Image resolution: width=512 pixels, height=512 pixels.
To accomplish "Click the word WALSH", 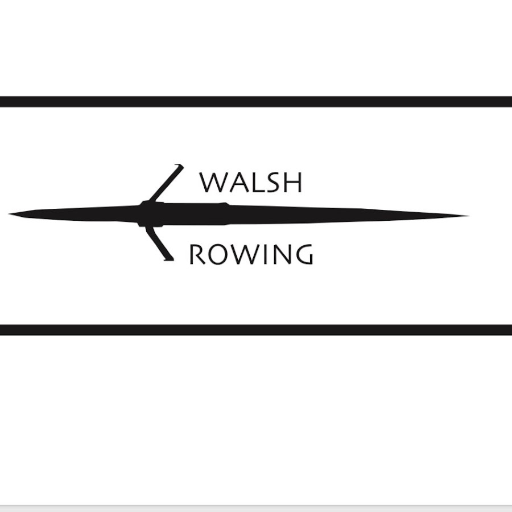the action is [x=251, y=182].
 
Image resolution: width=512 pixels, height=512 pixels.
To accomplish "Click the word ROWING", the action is [x=251, y=254].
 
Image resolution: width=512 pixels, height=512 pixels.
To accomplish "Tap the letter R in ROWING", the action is [x=197, y=254].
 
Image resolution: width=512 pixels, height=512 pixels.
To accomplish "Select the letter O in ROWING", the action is [x=218, y=254].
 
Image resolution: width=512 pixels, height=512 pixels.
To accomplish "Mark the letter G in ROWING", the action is [x=303, y=254].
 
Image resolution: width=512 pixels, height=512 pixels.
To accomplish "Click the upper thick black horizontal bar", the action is [x=256, y=102].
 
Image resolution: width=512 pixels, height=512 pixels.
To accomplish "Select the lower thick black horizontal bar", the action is [x=256, y=330].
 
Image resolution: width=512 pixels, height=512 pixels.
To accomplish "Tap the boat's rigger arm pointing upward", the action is [x=165, y=183].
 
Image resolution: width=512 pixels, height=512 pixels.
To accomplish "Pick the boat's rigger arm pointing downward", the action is [x=158, y=243].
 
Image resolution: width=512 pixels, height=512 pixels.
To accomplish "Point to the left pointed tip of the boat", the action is [x=9, y=214].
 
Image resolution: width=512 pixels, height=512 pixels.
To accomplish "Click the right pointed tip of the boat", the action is [x=469, y=216].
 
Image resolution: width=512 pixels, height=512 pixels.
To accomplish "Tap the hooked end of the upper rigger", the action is [x=180, y=166].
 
